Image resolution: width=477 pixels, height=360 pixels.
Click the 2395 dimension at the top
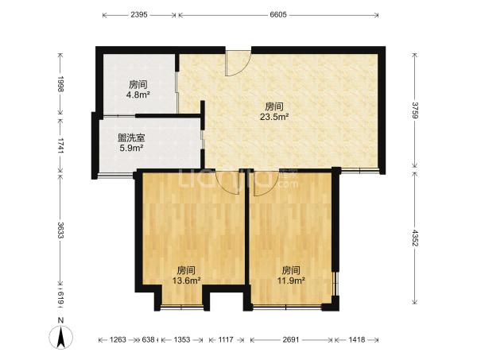(x=139, y=14)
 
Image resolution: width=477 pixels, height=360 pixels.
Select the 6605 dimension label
(x=278, y=14)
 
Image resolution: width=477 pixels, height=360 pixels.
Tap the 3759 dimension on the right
(x=415, y=110)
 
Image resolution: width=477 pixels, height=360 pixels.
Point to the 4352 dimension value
(x=415, y=238)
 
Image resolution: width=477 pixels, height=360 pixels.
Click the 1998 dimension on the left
(x=60, y=84)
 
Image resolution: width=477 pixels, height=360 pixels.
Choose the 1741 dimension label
(x=60, y=145)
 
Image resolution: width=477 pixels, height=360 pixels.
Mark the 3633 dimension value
(x=60, y=230)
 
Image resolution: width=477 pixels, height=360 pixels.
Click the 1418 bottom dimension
(x=356, y=339)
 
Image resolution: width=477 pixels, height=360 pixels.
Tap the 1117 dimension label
(x=226, y=339)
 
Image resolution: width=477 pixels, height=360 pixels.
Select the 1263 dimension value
(x=118, y=339)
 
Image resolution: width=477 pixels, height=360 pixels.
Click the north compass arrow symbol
(x=61, y=337)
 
